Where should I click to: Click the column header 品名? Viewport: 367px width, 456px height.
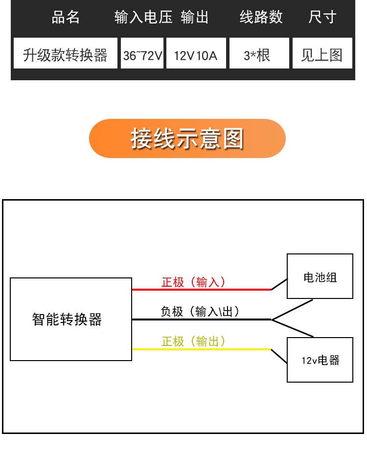66,18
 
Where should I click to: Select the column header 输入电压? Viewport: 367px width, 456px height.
143,18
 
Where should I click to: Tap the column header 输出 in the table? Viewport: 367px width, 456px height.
194,18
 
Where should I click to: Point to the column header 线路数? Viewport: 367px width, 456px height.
261,18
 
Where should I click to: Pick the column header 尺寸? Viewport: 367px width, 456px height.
322,18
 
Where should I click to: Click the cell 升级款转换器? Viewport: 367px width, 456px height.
66,54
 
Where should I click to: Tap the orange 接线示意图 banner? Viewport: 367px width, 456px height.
187,138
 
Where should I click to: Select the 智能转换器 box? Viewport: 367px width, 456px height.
71,319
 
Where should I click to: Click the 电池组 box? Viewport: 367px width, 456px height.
320,276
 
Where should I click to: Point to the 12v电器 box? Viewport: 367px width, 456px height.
320,360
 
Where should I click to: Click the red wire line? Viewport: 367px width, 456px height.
201,290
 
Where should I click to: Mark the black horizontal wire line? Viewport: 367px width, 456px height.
201,319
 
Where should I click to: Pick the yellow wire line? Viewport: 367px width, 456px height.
201,349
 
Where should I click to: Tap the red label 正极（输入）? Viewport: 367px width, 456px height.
194,282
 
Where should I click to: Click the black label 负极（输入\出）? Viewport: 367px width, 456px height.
201,311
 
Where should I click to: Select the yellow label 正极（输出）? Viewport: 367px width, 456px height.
194,341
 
